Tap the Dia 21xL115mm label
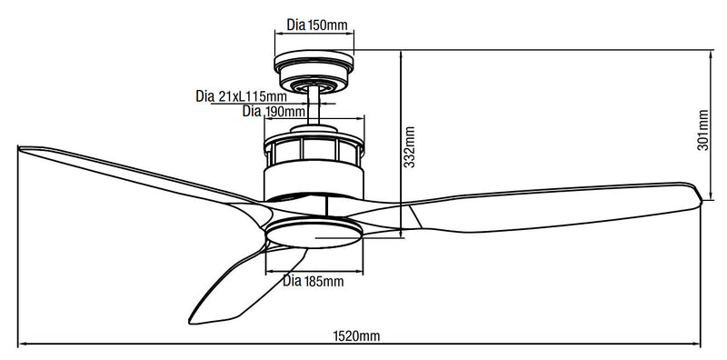241,96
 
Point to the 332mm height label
410,145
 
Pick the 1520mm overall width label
355,335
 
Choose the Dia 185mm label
314,281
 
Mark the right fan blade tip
699,193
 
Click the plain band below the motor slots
314,178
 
